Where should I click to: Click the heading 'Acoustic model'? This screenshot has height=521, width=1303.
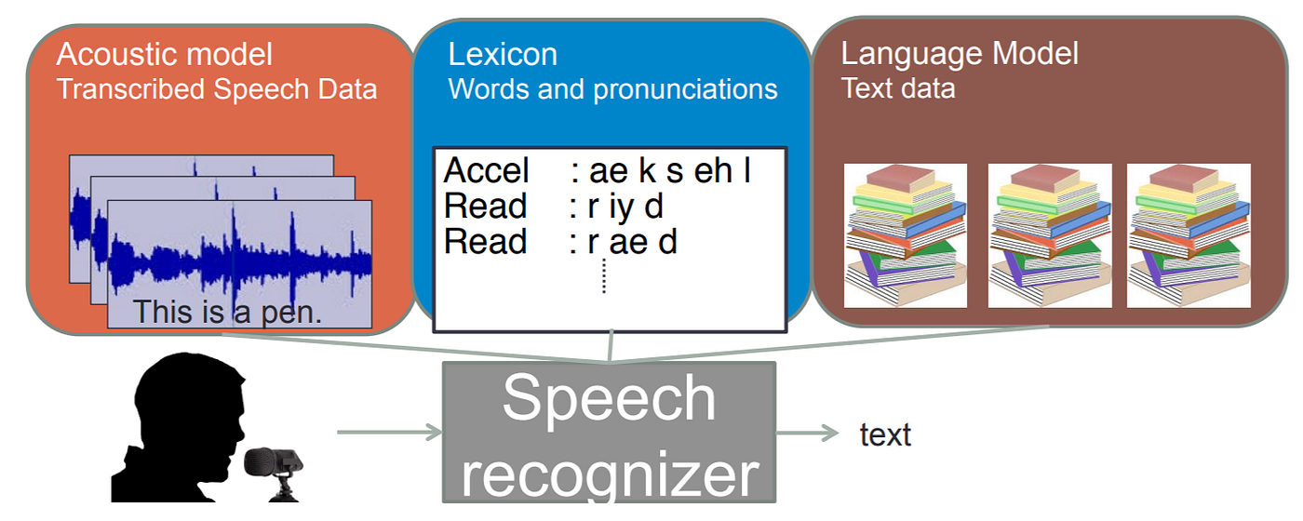[x=165, y=54]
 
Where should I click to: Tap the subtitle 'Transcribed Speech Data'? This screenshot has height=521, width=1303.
[x=217, y=89]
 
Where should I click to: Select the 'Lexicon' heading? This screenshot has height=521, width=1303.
[x=503, y=54]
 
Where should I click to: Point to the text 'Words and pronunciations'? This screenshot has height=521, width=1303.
[x=612, y=89]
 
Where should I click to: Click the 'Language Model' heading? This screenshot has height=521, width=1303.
[x=960, y=53]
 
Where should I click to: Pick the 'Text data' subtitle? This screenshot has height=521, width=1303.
[x=898, y=88]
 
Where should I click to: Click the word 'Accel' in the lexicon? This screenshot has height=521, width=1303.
[x=486, y=171]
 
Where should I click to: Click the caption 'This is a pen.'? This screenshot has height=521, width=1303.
[x=227, y=313]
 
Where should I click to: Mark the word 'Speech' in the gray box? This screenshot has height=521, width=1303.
[x=609, y=398]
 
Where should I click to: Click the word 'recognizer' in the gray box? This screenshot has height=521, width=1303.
[x=610, y=474]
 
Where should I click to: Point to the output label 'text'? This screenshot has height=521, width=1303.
[x=885, y=434]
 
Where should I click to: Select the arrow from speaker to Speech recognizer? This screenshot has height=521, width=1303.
[x=389, y=432]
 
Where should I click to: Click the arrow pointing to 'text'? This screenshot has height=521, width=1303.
[x=808, y=433]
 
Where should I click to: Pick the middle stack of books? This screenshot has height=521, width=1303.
[x=1049, y=235]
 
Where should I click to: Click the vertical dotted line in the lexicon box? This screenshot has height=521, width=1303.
[x=604, y=275]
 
